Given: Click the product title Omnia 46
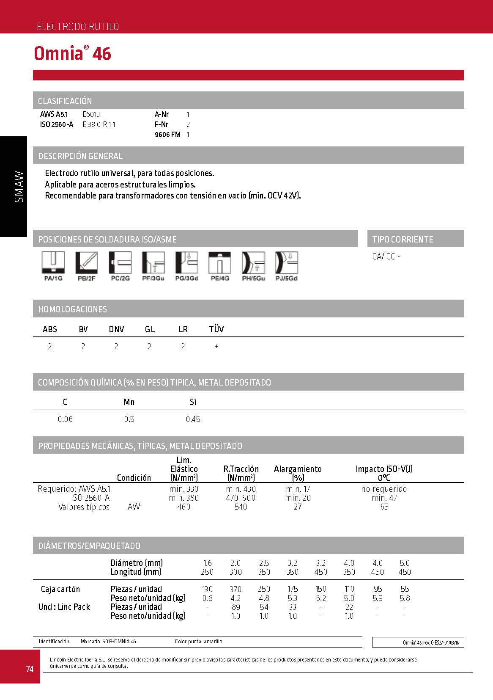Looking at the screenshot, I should pos(72,54).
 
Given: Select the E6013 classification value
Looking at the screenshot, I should pos(91,114).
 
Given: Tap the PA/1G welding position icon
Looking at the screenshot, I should pos(53,263).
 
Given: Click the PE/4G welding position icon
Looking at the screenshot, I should pos(220,263).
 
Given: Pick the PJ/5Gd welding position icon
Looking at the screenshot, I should pos(286,263).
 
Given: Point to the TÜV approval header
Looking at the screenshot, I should pos(216,329).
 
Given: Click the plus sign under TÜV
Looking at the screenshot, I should pos(216,346).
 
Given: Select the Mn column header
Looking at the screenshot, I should pos(129,402).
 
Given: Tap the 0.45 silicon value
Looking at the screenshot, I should pos(193,419).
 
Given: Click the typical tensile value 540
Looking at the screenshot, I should pos(241,507).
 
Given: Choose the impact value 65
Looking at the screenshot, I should pos(384,507).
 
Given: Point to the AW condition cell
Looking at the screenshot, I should pos(134,507).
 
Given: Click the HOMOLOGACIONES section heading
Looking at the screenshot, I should pos(72,309).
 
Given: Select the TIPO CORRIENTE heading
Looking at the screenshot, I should pos(403,240).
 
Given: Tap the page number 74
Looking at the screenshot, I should pos(30,669).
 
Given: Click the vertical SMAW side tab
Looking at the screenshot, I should pos(19,186).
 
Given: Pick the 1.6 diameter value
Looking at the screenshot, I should pos(207,563).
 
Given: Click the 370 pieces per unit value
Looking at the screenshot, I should pos(236,589).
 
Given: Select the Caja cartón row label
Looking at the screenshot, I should pos(60,589).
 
